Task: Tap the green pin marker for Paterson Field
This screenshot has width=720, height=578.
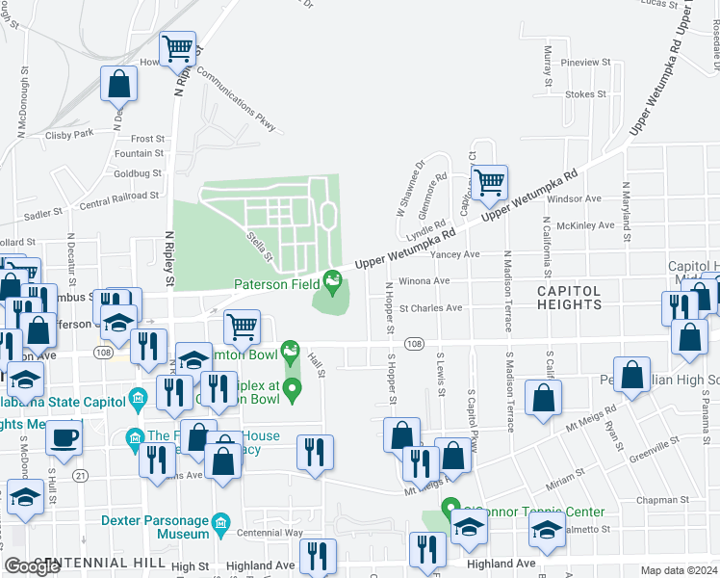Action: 334,282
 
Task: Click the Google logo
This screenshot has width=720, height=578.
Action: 32,566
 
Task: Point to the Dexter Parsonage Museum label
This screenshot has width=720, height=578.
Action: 155,527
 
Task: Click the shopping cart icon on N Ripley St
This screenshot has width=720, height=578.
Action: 177,50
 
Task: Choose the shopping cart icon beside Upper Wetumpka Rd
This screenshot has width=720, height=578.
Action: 489,181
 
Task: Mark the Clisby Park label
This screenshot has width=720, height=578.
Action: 69,133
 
